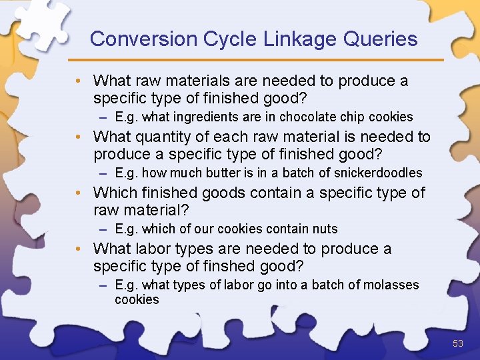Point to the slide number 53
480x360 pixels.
point(457,343)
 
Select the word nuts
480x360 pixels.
point(325,229)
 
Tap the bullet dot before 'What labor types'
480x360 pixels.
point(79,249)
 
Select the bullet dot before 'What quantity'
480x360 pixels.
point(79,137)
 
